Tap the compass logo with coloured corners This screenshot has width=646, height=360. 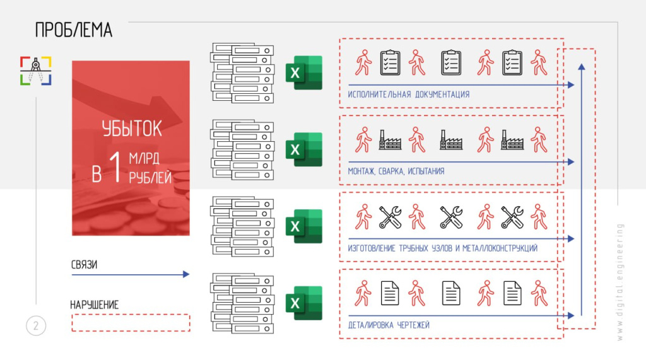coord(35,71)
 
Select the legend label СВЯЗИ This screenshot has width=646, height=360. coord(83,264)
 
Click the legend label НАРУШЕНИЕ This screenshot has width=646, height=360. coord(94,305)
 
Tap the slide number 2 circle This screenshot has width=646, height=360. coord(36,326)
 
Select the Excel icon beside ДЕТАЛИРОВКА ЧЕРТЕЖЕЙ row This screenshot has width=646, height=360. coord(303,303)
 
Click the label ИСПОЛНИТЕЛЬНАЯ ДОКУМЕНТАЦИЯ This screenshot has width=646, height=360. coord(408,95)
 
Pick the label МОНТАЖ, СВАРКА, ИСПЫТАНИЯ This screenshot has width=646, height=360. coord(396,171)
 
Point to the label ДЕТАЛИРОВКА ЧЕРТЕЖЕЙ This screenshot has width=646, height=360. coord(388,325)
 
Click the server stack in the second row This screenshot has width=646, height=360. coord(242,149)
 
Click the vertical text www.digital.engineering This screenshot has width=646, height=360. coord(620,282)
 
